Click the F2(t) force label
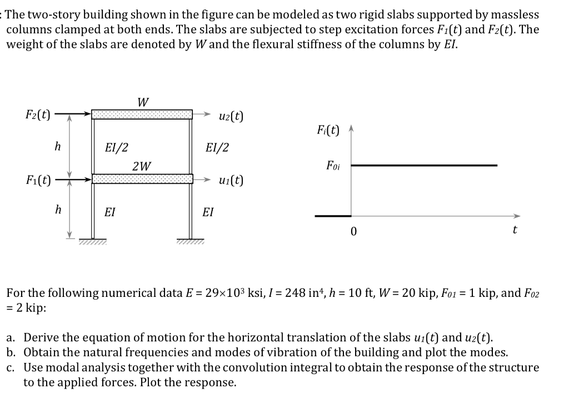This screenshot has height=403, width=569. pos(38,116)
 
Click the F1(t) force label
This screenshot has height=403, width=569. pos(38,180)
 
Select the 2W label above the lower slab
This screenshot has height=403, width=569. pos(141,166)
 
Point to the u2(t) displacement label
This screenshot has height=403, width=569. pos(231,116)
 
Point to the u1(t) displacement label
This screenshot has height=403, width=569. pos(231,181)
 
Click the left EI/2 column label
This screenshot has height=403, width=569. pos(116,148)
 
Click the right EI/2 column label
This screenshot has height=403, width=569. pos(216,148)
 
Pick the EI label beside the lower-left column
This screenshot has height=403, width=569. pos(110,212)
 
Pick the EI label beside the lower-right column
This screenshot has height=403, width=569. pos(208,212)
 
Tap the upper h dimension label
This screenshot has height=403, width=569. pos(57,147)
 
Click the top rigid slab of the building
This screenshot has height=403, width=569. pos(142,115)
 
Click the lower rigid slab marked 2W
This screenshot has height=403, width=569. pos(142,178)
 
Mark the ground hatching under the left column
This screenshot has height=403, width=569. pos(93,241)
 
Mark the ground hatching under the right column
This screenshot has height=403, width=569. pos(191,241)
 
